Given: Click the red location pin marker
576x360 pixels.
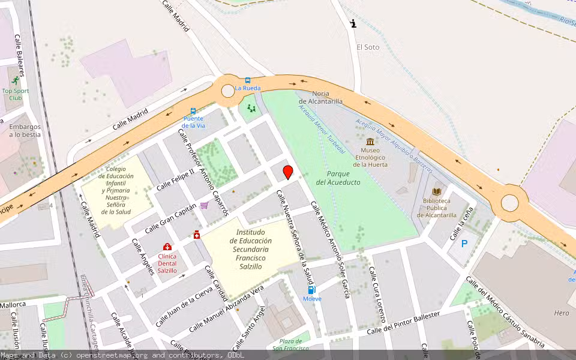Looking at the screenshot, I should (288, 172).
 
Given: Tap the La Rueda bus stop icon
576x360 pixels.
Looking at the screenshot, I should (247, 80).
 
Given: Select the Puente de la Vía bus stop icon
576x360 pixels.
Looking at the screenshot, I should (193, 111).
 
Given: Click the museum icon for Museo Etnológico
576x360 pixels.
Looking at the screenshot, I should (370, 142).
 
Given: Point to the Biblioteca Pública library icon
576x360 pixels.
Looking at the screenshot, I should (437, 191).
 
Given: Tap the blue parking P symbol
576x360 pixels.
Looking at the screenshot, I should (464, 244).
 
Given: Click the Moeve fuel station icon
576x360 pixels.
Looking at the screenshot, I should (311, 290).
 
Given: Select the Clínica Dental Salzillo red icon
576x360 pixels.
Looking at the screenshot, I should (167, 247).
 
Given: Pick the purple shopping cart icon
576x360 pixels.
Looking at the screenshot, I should (204, 205).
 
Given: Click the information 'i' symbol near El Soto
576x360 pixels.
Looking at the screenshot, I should (353, 24).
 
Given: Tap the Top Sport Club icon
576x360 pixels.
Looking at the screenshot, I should (15, 81).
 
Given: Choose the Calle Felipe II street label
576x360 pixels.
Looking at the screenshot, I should (175, 179).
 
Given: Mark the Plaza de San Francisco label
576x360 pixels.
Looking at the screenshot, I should (291, 344).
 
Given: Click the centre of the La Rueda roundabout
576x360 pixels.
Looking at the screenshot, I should (228, 91).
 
